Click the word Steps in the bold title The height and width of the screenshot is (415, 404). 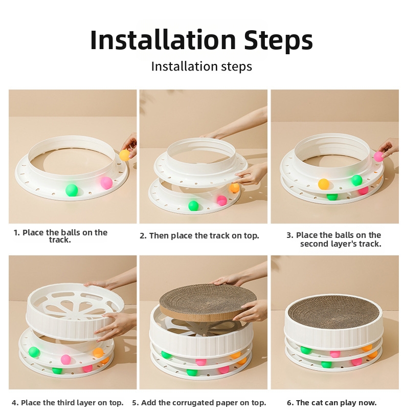pos(278,40)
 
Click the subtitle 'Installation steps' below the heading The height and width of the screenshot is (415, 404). pos(201,66)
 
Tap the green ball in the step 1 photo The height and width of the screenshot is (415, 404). pos(72,190)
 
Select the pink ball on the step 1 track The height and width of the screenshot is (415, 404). pos(106,183)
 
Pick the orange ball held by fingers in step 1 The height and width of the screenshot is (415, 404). pos(125,156)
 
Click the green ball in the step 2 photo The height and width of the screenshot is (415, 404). pos(193,206)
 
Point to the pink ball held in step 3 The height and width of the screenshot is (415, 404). pos(379,157)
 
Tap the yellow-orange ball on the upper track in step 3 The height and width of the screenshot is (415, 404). pos(323,184)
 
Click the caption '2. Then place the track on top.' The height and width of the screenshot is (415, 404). pos(199,235)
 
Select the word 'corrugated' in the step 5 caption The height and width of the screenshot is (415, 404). pos(194,403)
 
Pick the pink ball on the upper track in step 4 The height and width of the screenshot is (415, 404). pos(65,360)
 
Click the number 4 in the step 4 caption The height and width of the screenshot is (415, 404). pos(14,403)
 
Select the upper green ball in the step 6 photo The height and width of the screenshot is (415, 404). pos(306,350)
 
